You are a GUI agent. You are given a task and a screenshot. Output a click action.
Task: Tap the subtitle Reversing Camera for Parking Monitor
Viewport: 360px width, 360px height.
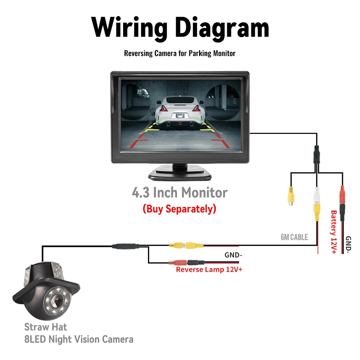coord(180,53)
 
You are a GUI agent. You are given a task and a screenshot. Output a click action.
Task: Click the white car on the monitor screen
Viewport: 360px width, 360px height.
coord(180,112)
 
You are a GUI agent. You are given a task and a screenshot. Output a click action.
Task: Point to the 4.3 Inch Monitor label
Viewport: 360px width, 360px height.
coord(180,193)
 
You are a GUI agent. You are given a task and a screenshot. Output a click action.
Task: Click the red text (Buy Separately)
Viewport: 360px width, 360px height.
coord(179,208)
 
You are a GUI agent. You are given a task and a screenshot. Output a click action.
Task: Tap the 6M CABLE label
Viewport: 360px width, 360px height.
coord(294,237)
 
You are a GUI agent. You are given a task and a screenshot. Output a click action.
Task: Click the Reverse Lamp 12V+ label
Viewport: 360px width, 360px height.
coord(209,270)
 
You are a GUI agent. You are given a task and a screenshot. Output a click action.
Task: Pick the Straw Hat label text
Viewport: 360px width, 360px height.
coord(46,327)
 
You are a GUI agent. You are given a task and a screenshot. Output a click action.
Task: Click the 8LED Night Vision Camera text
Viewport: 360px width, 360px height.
coord(78,339)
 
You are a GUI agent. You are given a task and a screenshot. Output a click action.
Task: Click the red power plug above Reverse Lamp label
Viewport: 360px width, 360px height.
coord(179,263)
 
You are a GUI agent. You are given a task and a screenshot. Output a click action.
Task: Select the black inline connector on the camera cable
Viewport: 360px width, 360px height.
coord(125,246)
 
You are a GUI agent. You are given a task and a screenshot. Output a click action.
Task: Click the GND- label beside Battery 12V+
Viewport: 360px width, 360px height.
coord(348,245)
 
